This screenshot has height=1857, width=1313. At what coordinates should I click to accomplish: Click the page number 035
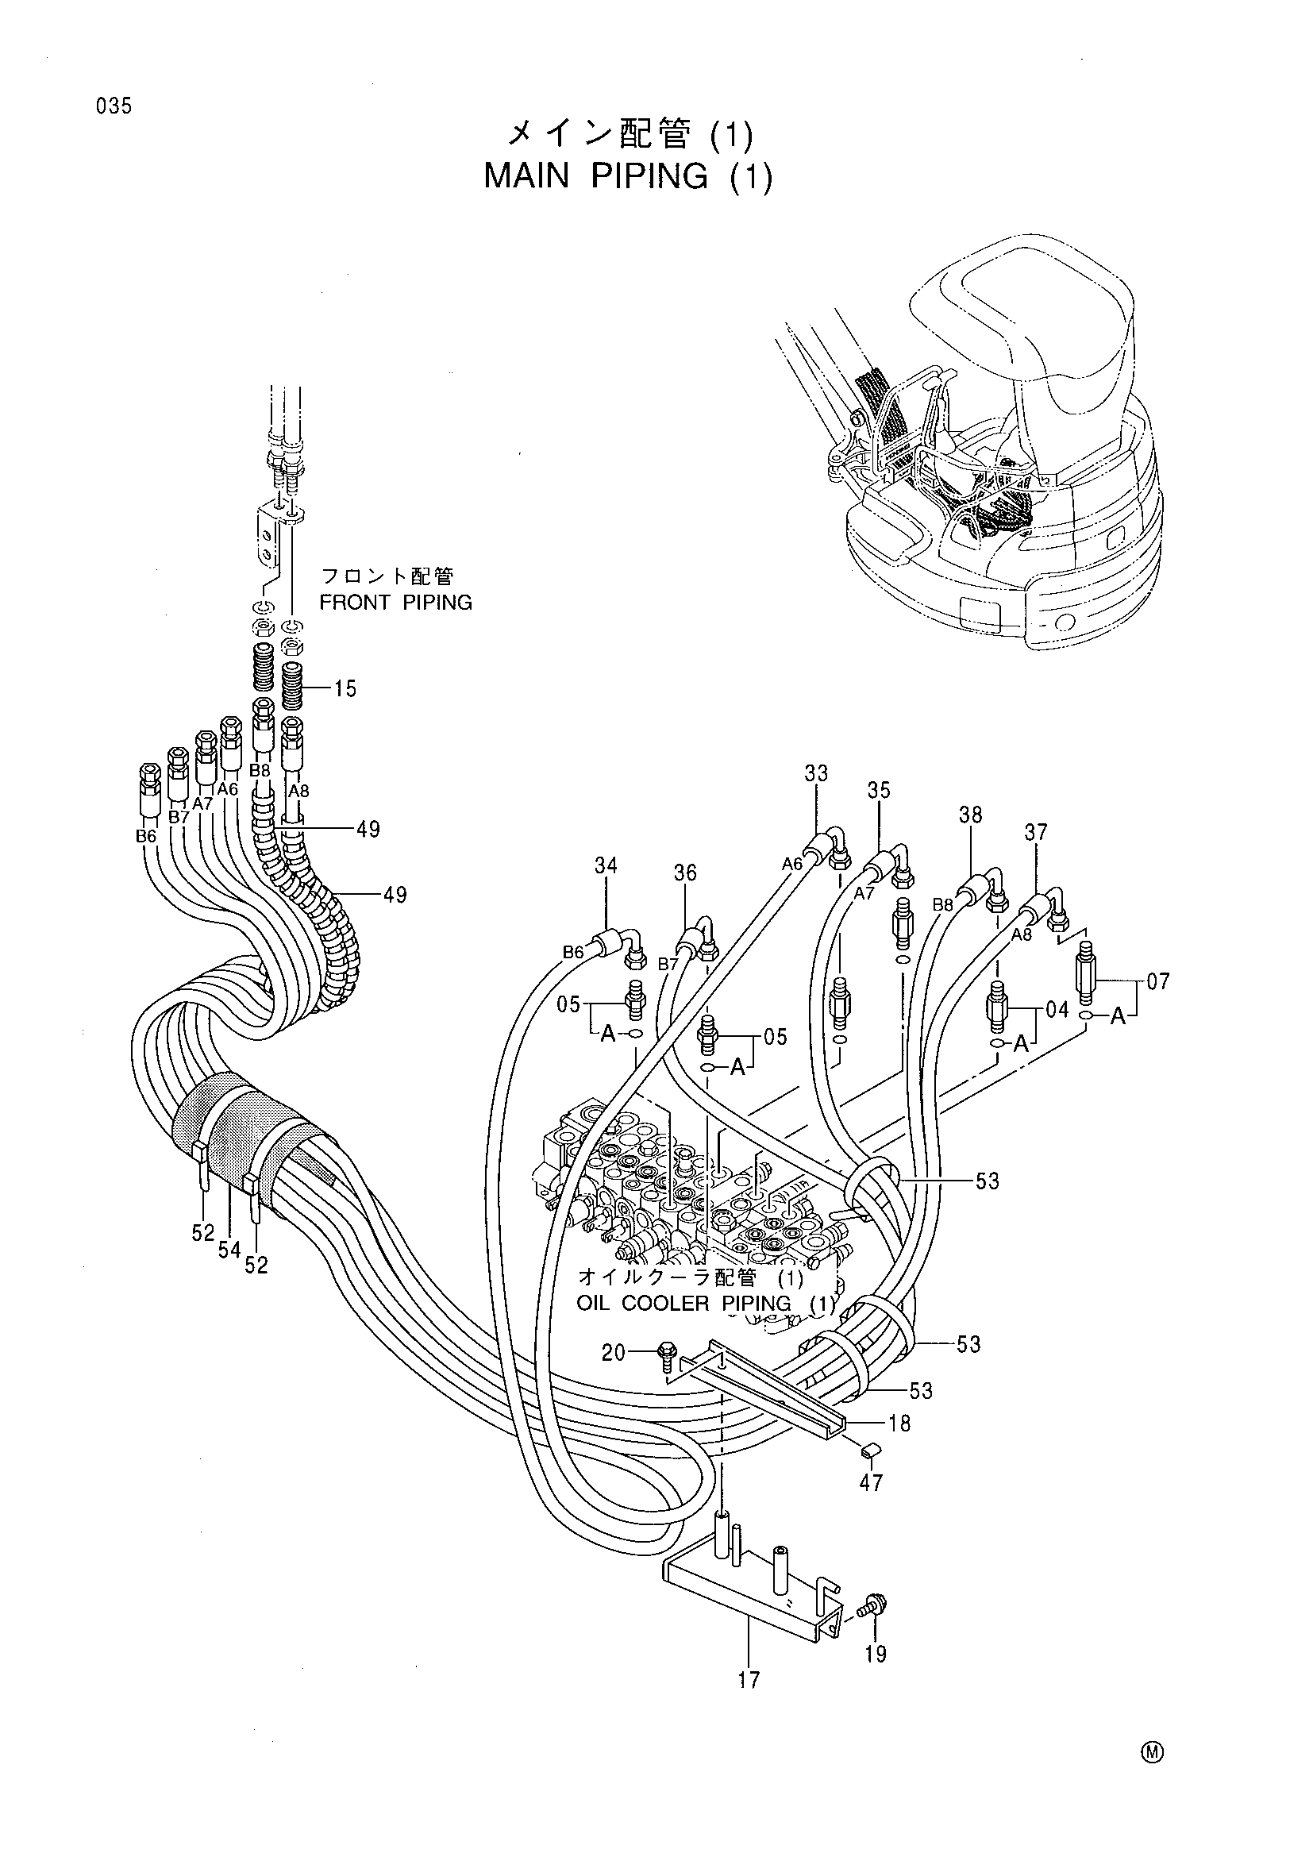click(114, 106)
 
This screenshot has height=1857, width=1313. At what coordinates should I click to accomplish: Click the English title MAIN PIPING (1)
click(628, 176)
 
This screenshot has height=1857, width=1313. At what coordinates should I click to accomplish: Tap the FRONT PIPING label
click(395, 603)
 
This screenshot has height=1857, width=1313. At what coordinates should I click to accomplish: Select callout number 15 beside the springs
click(346, 689)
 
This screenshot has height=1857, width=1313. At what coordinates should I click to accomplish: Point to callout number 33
click(816, 774)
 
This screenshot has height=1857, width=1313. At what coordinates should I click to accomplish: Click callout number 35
click(879, 790)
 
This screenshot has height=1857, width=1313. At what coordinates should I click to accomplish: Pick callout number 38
click(971, 815)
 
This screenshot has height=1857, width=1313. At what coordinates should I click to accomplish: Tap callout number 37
click(1036, 832)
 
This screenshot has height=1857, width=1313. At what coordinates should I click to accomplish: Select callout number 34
click(606, 866)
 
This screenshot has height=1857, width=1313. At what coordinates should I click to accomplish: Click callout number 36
click(685, 873)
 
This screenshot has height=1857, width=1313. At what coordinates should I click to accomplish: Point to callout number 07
click(1158, 983)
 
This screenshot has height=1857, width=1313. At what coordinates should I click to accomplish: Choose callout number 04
click(1057, 1009)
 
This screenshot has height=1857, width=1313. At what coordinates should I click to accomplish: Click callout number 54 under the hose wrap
click(229, 1250)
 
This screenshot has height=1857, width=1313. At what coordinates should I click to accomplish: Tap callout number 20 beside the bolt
click(614, 1352)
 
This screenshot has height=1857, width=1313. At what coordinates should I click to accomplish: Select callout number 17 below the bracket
click(749, 1681)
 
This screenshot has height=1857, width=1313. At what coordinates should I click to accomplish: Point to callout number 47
click(871, 1482)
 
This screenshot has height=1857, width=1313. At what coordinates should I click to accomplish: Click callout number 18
click(899, 1424)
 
